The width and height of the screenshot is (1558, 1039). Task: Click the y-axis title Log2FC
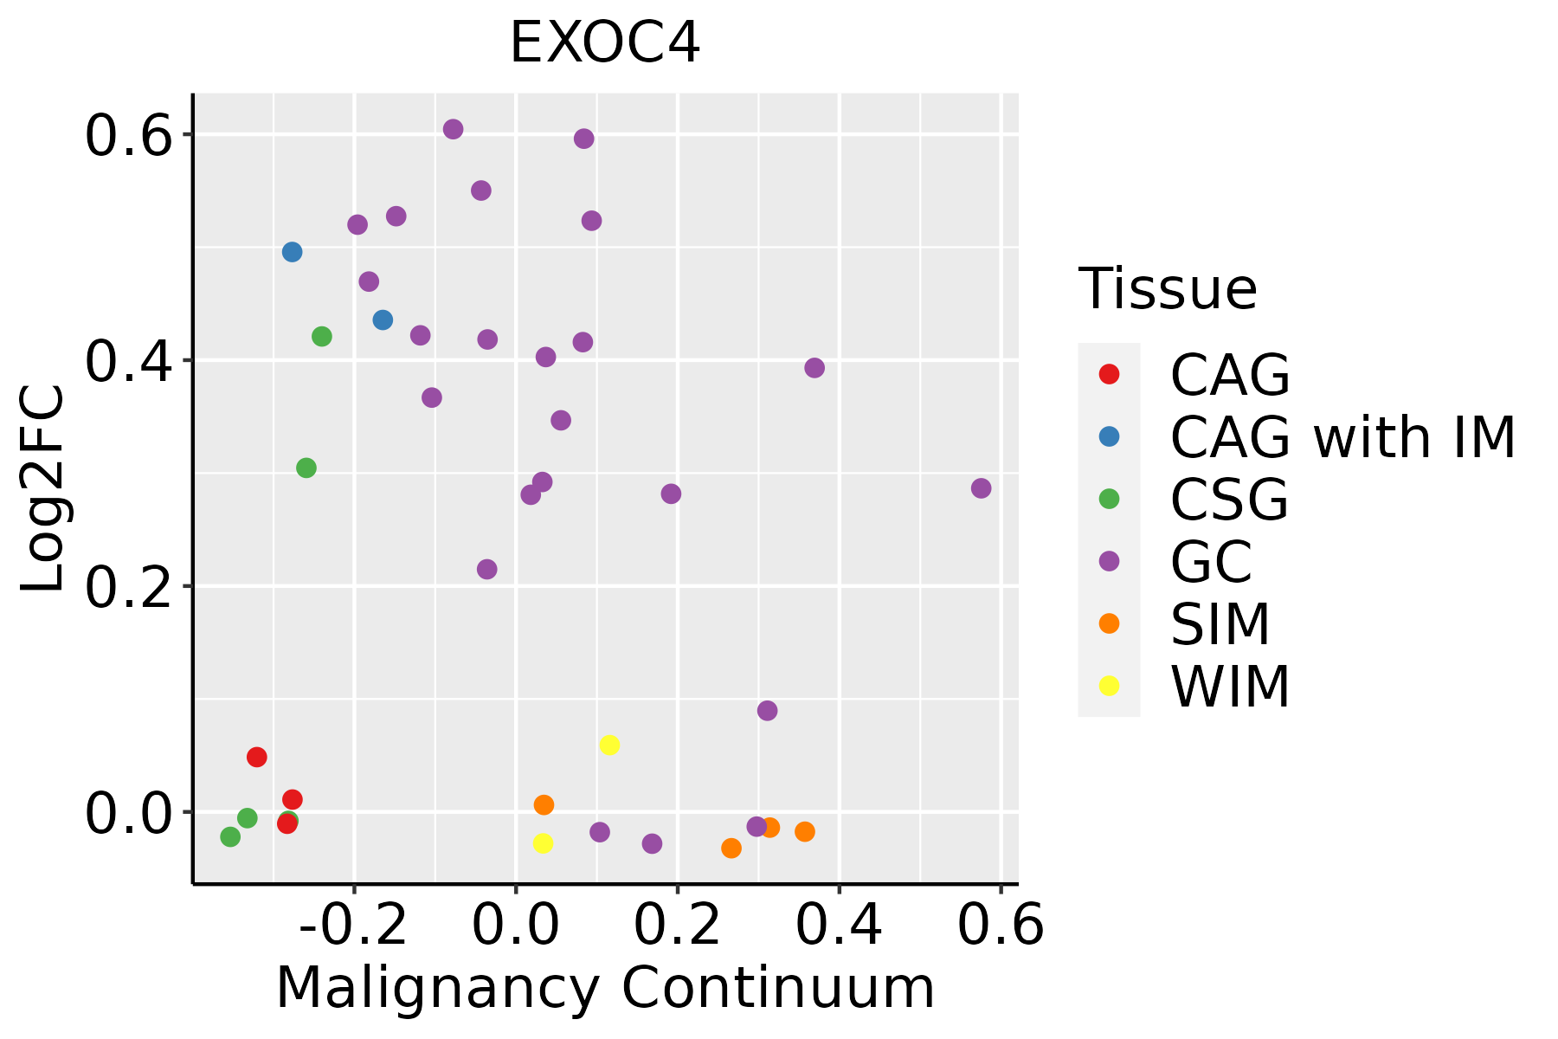point(43,489)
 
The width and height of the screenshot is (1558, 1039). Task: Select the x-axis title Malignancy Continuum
point(604,988)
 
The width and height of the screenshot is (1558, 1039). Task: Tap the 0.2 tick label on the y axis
point(126,587)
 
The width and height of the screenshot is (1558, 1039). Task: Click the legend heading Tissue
point(1168,289)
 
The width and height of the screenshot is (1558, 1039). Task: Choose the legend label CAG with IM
point(1342,437)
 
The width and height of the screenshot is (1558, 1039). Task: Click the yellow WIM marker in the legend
point(1109,686)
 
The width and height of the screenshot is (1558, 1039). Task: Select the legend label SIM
point(1220,624)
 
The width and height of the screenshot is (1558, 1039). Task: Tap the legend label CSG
point(1229,500)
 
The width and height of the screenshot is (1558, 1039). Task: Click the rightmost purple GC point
point(981,488)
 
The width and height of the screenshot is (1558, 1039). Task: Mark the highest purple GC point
point(453,129)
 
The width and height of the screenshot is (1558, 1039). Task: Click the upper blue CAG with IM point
point(292,252)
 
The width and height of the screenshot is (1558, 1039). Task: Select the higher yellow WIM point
point(609,745)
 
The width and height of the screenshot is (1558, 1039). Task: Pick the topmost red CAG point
point(256,757)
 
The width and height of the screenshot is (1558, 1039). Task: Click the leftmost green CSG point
point(230,836)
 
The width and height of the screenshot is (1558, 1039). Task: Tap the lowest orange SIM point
point(731,848)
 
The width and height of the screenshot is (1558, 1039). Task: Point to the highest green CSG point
point(321,336)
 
